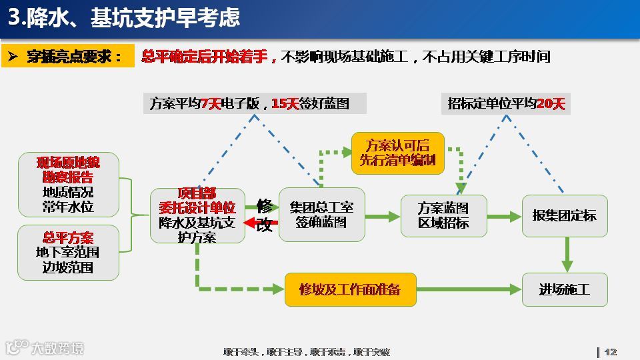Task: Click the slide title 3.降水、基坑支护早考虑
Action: [123, 18]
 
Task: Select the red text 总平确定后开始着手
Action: [208, 57]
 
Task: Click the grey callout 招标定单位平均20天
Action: [506, 103]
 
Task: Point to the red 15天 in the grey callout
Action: [285, 103]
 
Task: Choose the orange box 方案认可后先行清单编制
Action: [397, 153]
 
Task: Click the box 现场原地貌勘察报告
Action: [68, 185]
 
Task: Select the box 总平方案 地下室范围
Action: [68, 252]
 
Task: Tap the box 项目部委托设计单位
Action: [197, 215]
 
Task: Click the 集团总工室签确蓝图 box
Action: [321, 215]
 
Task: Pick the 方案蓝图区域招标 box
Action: [443, 215]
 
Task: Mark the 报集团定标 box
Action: [565, 215]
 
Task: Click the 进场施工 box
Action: [565, 289]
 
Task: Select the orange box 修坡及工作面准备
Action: [350, 289]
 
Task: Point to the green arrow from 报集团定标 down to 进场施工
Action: [567, 254]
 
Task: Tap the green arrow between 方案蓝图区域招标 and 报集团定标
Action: [504, 216]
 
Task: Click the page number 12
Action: [610, 352]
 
